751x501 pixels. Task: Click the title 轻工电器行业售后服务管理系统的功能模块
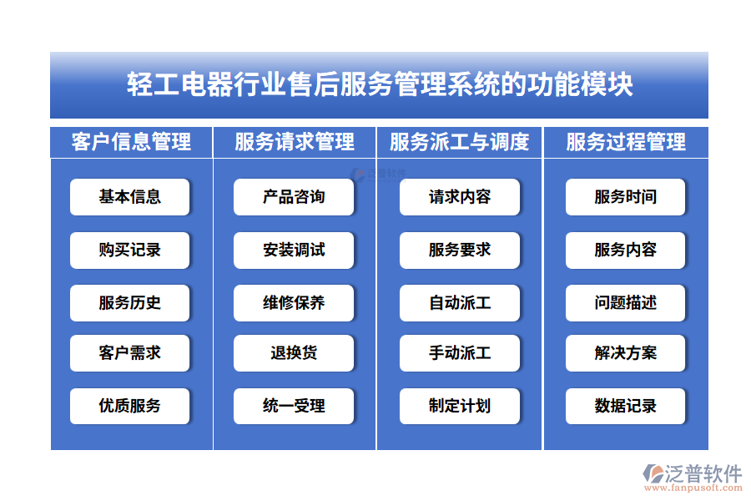[379, 85]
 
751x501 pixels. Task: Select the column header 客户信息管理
[131, 142]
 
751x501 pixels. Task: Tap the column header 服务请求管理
[295, 142]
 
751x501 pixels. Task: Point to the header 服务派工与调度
[460, 142]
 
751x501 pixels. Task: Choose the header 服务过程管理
[626, 142]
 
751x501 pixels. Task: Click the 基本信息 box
[130, 197]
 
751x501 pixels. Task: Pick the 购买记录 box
[130, 250]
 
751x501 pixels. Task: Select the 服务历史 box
[130, 302]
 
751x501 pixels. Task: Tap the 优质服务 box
[130, 406]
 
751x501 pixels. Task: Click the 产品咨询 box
[294, 197]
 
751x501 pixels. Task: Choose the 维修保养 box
[294, 302]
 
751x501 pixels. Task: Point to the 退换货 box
[294, 353]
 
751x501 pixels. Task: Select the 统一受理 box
[294, 406]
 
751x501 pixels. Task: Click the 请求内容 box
[460, 197]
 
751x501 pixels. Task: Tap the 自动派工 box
[460, 302]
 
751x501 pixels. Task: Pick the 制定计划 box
[460, 406]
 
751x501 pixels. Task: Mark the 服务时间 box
[626, 197]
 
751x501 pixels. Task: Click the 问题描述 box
[626, 302]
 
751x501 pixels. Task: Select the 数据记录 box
[626, 406]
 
